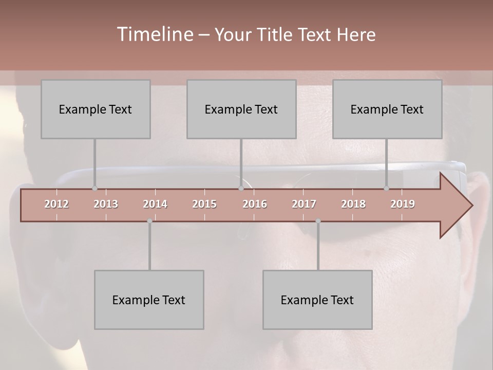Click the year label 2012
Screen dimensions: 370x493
point(56,204)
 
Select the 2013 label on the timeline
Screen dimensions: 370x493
point(106,204)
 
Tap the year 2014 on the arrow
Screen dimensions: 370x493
point(155,204)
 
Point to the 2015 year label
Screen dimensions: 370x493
point(204,204)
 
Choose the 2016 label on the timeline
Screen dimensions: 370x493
point(255,204)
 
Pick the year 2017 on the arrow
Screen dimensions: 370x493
point(304,204)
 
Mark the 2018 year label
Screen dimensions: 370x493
point(353,204)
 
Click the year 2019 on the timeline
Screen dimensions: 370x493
point(403,204)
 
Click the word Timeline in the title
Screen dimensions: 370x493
point(155,34)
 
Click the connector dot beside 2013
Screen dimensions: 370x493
point(94,189)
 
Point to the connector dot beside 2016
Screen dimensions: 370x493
point(241,189)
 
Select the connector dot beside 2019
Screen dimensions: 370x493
point(387,189)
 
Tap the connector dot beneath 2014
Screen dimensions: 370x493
point(149,221)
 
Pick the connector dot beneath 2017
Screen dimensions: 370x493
point(318,221)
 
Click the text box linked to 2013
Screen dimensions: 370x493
point(96,109)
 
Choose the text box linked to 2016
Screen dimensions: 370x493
point(241,109)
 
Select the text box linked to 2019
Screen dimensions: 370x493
point(387,109)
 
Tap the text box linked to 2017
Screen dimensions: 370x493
point(317,300)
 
